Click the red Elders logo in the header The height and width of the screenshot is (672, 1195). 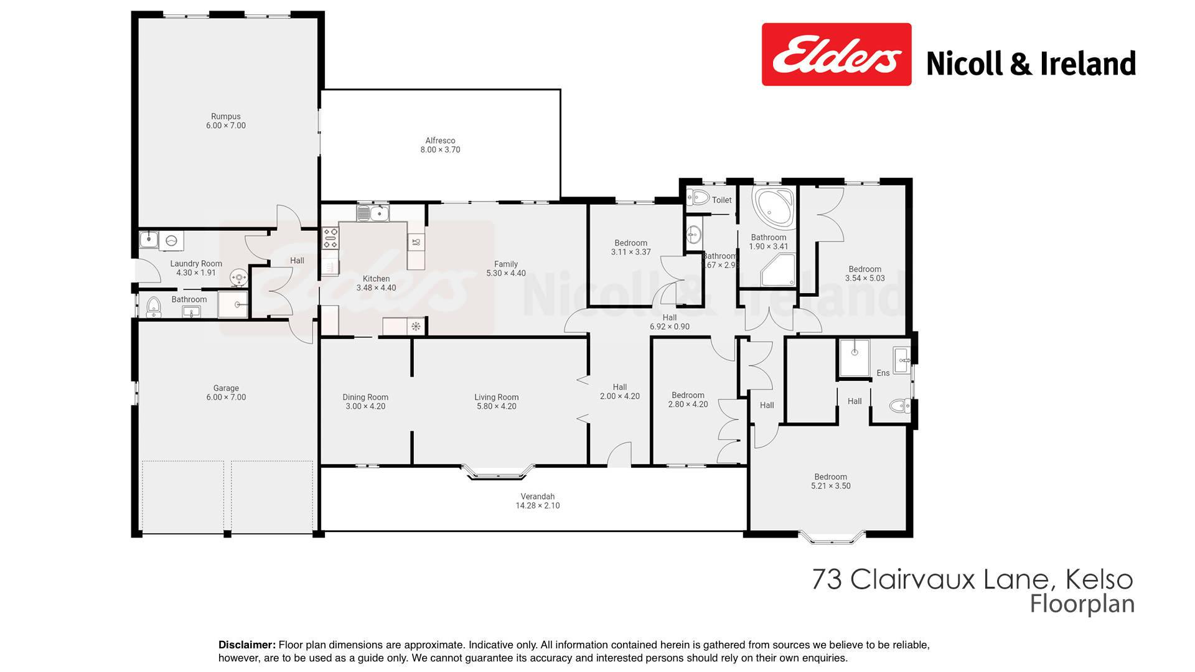coord(836,55)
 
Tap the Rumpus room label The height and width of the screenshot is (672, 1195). coord(225,116)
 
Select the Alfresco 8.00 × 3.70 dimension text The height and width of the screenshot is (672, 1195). coord(440,150)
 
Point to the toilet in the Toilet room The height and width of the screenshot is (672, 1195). coord(698,198)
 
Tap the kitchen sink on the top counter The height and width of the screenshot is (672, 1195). coord(373,213)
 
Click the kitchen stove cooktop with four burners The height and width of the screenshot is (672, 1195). coord(330,237)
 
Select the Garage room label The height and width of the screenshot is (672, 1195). coord(226,388)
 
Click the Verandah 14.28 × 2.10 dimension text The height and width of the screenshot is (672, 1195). coord(538,506)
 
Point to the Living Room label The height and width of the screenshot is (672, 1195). coord(496,397)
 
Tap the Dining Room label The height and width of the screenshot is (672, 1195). coord(365,397)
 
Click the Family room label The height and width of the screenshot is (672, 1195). coord(506,264)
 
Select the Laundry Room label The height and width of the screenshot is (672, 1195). coord(196,264)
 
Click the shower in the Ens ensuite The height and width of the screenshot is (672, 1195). coord(855,358)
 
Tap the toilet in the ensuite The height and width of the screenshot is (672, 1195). coord(899,406)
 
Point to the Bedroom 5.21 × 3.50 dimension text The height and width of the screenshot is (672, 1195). coord(831,486)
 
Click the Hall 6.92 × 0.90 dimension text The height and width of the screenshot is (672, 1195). coord(670,327)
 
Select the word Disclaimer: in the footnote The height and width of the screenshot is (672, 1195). coord(247,645)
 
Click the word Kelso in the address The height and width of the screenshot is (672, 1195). coord(1100,579)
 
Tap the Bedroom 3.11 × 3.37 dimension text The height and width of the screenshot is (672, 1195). coord(631,252)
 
